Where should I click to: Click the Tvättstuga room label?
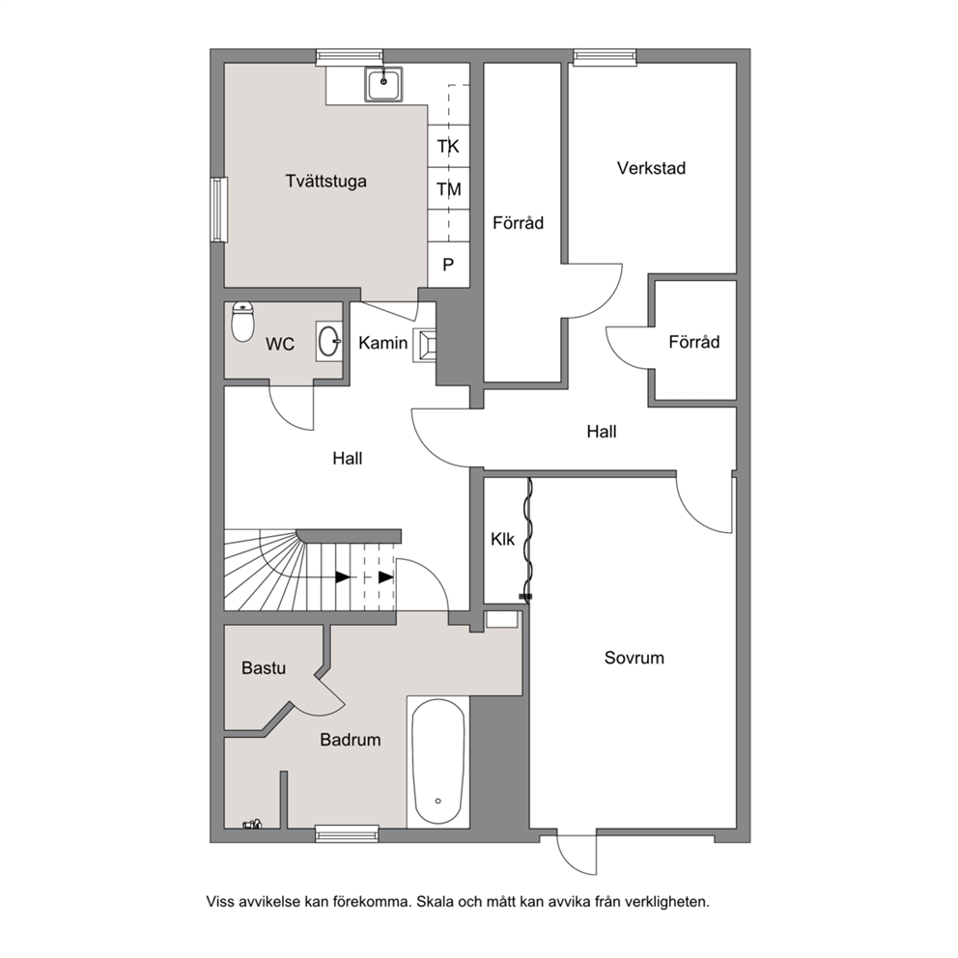coord(325,182)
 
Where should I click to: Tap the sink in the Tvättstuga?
coord(383,84)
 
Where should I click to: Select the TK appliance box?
coord(448,146)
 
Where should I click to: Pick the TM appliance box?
coord(448,188)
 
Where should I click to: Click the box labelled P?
coord(448,265)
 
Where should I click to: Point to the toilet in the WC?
coord(243,322)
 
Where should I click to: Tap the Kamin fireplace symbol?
coord(425,346)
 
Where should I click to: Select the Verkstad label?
coord(651,168)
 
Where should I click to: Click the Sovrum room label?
coord(634,658)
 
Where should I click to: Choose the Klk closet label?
coord(502,540)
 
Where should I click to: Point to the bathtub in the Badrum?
coord(438,762)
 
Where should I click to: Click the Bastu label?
coord(264,667)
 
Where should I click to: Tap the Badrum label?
coord(351,740)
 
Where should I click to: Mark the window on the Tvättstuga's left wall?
coord(218,210)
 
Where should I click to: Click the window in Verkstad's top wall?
coord(605,57)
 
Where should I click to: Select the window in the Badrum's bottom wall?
coord(347,833)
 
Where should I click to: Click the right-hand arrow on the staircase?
coord(385,577)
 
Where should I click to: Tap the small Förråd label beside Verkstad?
coord(694,342)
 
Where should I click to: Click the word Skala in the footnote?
coord(434,902)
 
